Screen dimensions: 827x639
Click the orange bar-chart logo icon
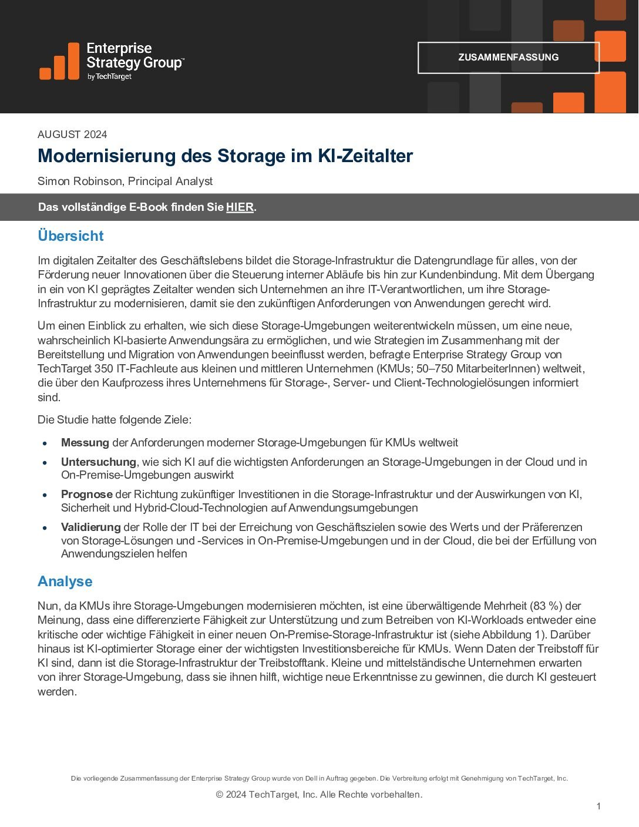click(59, 62)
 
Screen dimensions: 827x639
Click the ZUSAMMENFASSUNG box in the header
click(508, 58)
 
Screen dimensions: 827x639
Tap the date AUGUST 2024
click(72, 135)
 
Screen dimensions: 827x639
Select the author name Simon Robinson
click(80, 181)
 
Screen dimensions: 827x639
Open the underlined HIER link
click(240, 207)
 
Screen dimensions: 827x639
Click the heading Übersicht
click(70, 236)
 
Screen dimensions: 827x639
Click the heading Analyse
click(65, 581)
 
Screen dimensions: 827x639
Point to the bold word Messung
click(85, 443)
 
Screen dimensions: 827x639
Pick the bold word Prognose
click(87, 495)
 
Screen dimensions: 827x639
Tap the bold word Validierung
click(91, 527)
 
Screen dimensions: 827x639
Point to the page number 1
click(598, 806)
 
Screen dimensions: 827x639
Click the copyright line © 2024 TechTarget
click(319, 795)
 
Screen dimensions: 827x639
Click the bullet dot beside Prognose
click(45, 495)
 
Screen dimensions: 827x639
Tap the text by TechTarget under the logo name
click(109, 77)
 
